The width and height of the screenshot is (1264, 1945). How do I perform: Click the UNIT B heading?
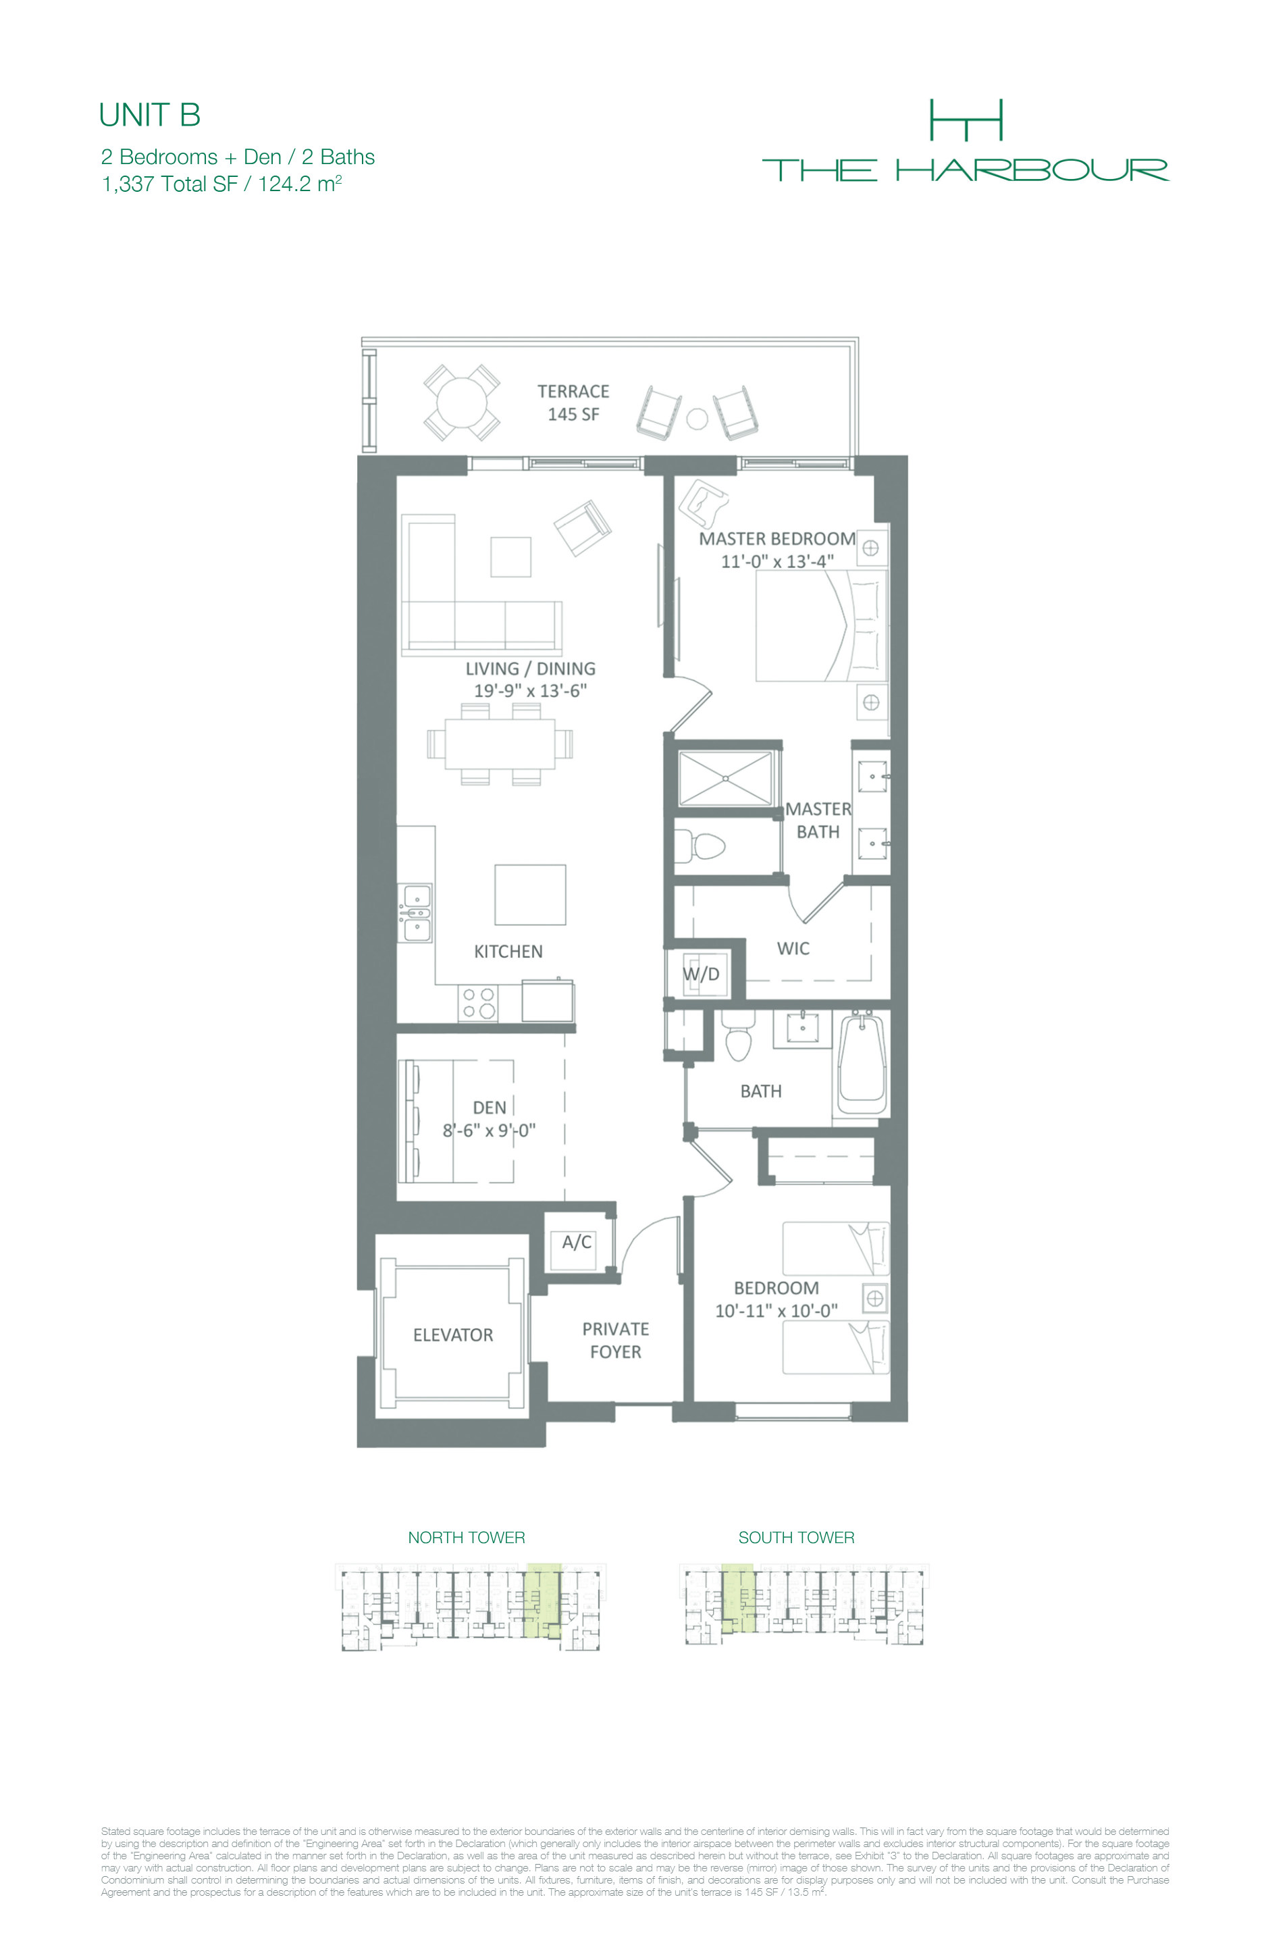click(149, 115)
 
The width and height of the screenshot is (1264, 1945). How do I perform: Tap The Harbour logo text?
click(965, 170)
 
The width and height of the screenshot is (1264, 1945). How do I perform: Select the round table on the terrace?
click(462, 402)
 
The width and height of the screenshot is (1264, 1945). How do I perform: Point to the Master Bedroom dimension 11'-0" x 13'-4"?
click(777, 561)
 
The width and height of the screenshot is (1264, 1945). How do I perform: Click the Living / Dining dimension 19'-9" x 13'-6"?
click(530, 691)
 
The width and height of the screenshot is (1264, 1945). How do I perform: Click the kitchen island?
click(530, 895)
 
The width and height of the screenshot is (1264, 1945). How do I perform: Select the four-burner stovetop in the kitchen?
click(479, 1003)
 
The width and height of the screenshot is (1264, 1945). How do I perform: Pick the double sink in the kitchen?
click(415, 913)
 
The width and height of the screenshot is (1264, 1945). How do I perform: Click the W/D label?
click(701, 974)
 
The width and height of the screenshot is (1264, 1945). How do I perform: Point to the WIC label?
click(793, 948)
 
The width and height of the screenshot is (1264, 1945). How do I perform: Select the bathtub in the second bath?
click(862, 1063)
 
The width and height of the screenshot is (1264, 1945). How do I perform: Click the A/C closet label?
click(576, 1242)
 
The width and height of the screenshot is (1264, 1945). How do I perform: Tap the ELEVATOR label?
click(452, 1335)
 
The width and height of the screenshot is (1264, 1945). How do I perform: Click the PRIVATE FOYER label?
click(616, 1341)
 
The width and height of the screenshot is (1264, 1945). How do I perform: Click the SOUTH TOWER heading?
click(797, 1537)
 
